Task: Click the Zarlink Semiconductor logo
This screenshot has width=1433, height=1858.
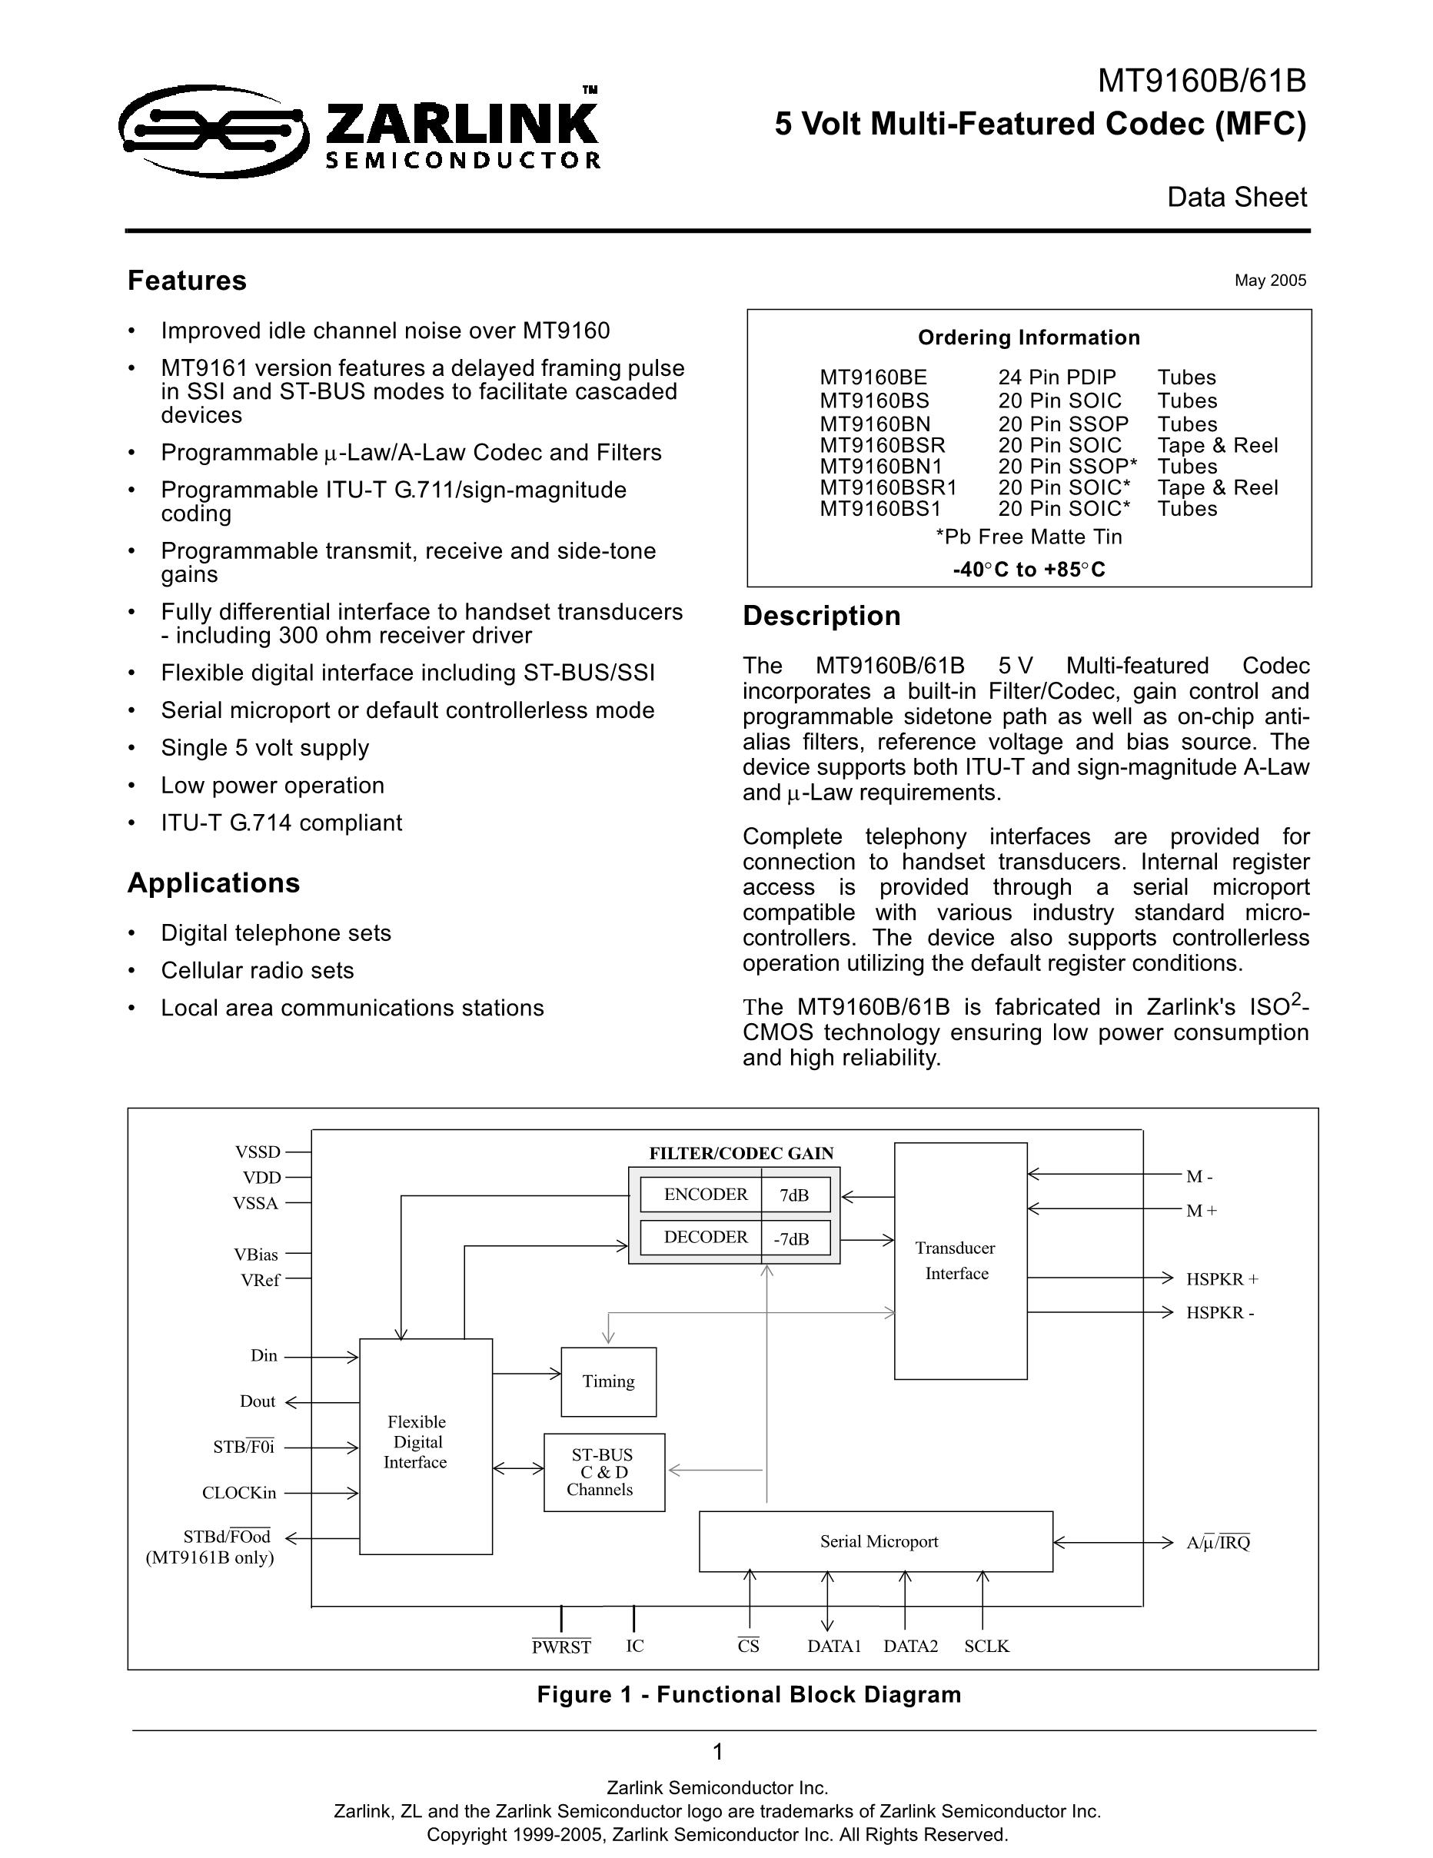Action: (x=360, y=129)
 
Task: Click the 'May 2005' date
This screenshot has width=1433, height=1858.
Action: (x=1269, y=281)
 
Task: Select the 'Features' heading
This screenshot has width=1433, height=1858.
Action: (x=188, y=281)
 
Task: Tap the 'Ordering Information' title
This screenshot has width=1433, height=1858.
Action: (x=1028, y=337)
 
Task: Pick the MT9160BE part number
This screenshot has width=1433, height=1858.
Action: (x=873, y=377)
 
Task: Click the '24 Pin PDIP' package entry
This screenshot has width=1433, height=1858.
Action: (x=1057, y=377)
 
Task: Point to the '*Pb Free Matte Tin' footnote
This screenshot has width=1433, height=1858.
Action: (x=1028, y=537)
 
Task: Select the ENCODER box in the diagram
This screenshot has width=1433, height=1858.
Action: (x=705, y=1195)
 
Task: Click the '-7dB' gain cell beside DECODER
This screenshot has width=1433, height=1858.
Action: (x=791, y=1238)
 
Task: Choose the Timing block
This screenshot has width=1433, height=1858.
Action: (x=608, y=1381)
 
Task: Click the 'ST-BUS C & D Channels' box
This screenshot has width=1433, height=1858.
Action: (x=603, y=1473)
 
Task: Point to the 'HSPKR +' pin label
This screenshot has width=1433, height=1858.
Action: (x=1222, y=1278)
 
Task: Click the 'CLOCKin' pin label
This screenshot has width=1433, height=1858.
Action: (x=239, y=1493)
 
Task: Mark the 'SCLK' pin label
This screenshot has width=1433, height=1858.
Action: (x=986, y=1646)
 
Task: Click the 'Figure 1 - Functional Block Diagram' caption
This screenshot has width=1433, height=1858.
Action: (x=749, y=1695)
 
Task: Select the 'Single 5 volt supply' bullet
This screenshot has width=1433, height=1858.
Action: (x=264, y=748)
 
